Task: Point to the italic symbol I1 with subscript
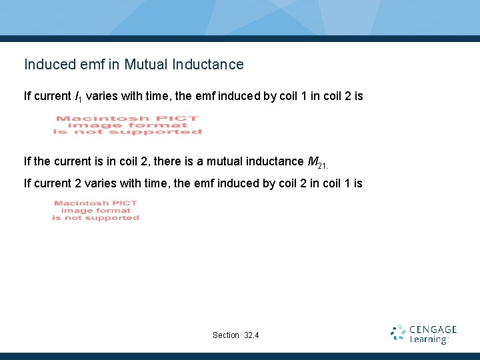tap(78, 97)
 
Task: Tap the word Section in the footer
tap(225, 335)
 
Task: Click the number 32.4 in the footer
tap(252, 335)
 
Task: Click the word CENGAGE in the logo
tap(433, 329)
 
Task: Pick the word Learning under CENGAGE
tap(429, 339)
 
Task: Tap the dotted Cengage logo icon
tap(398, 333)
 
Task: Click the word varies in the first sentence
tap(103, 96)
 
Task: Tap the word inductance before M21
tap(272, 161)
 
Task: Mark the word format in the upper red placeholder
tap(165, 125)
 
